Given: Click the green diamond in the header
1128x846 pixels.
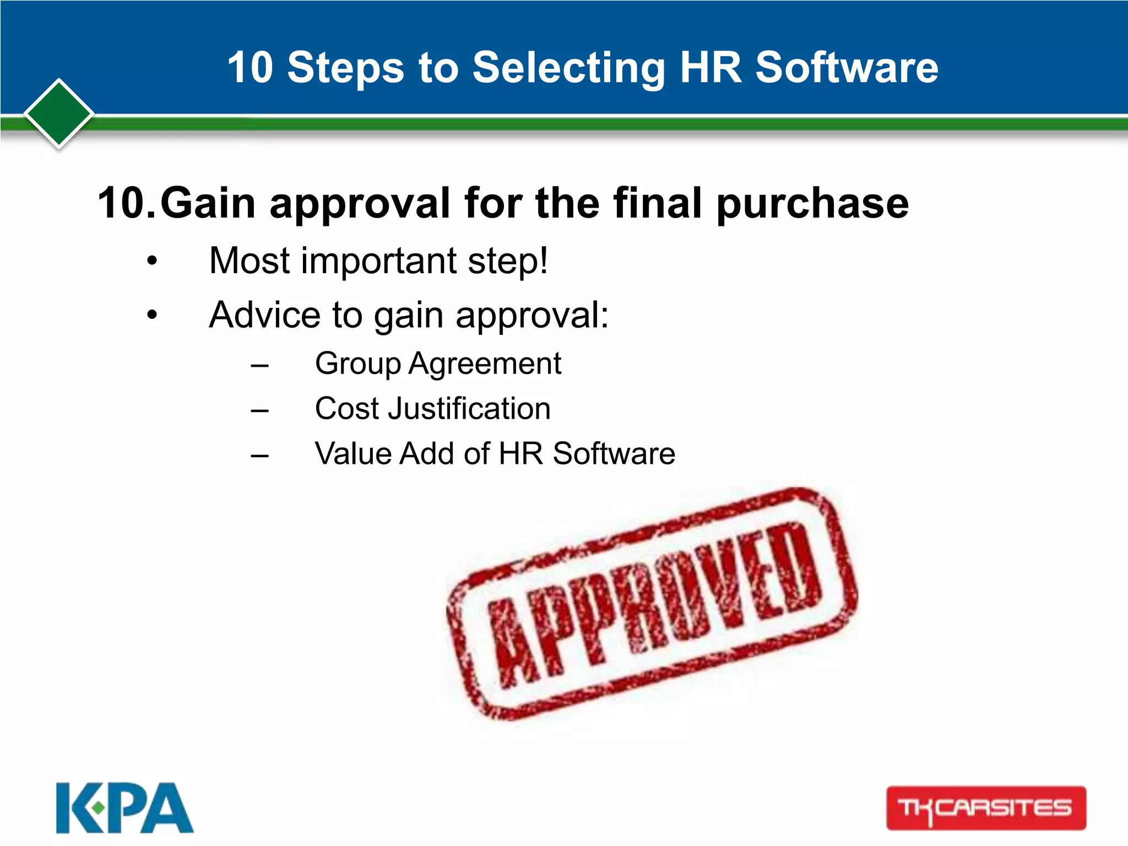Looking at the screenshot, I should click(59, 113).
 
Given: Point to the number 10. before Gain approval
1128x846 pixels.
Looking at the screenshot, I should click(126, 203).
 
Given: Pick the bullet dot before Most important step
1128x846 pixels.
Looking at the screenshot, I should click(152, 261).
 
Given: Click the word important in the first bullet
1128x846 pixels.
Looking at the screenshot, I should click(379, 261).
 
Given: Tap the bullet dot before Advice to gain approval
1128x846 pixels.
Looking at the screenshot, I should click(152, 316).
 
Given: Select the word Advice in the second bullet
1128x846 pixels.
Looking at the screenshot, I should click(264, 314).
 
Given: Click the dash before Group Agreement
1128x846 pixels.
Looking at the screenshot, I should click(259, 365).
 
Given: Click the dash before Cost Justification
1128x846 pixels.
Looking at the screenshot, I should click(259, 410).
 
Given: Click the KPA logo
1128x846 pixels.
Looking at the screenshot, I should click(124, 807).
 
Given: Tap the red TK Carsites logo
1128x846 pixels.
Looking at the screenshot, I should click(985, 808).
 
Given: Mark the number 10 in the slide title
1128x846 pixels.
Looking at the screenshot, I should click(250, 68).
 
